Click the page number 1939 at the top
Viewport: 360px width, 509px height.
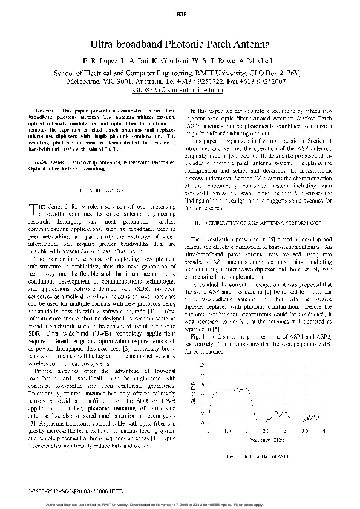[x=180, y=11]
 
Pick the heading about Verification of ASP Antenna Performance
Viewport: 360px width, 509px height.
[x=257, y=223]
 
